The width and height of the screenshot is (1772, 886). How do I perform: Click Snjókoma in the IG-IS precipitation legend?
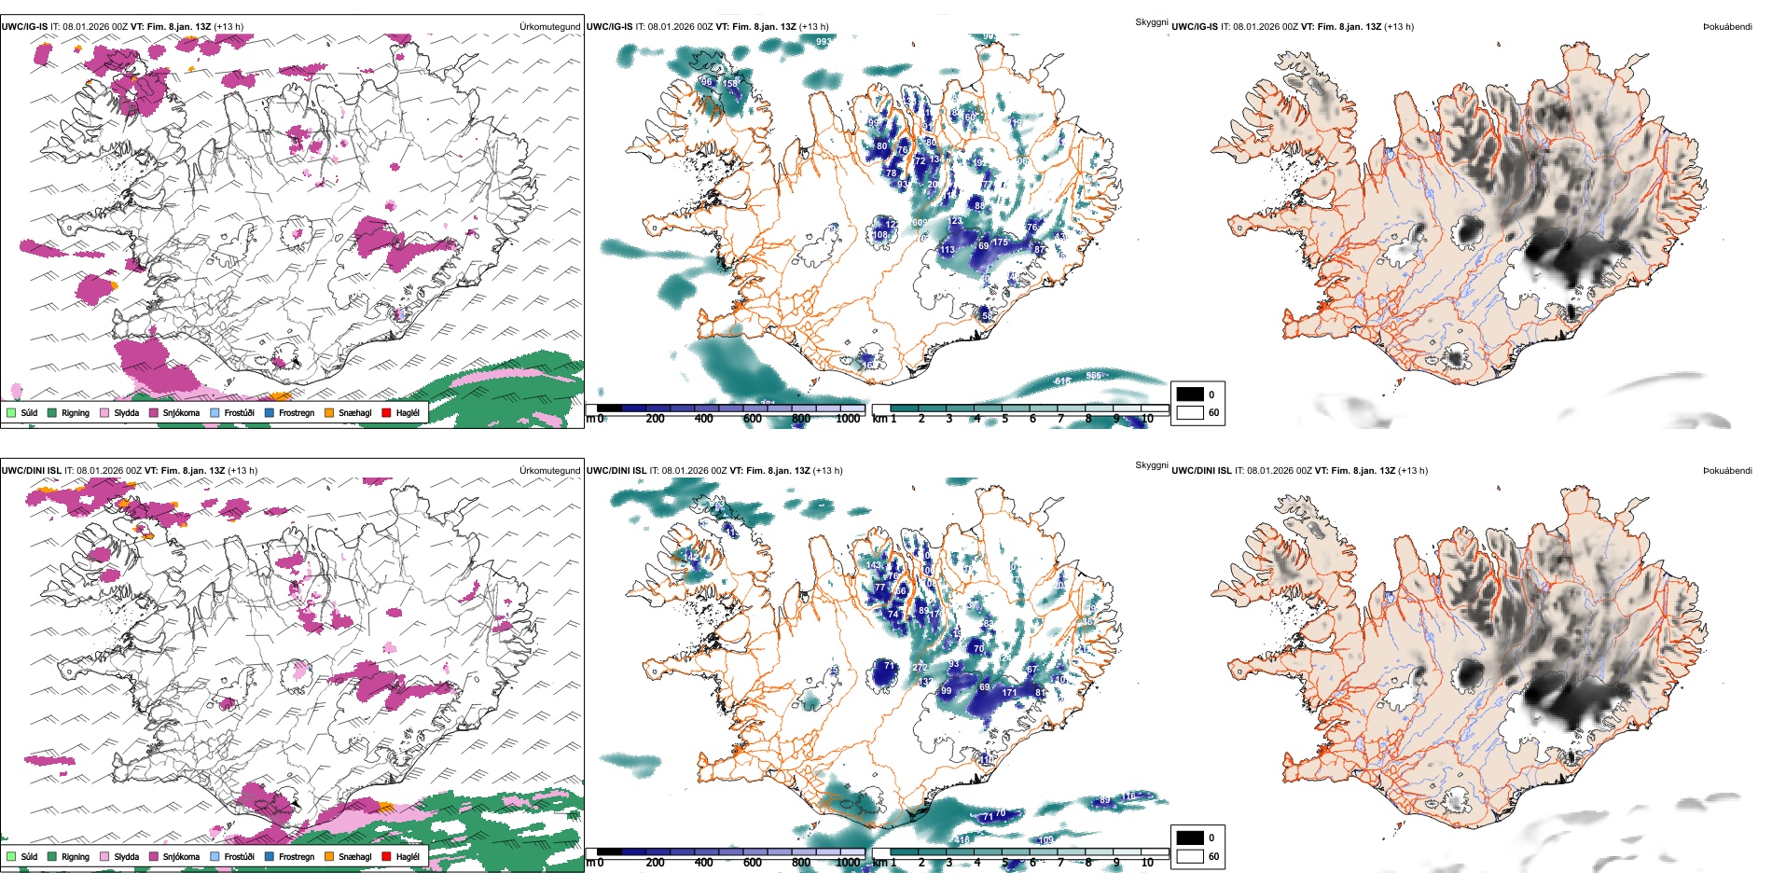pos(181,412)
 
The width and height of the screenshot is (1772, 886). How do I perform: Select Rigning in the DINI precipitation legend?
pos(76,856)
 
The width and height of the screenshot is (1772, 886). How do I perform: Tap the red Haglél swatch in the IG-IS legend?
pos(385,412)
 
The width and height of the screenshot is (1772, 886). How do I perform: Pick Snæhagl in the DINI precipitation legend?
pos(354,856)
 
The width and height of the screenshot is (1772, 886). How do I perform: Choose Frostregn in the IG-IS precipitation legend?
pos(296,412)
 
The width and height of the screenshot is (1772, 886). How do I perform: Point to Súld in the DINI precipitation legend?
pos(29,856)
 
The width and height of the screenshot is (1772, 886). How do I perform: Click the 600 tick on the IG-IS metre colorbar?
pos(752,419)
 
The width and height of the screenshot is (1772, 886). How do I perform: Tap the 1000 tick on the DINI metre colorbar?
pos(848,863)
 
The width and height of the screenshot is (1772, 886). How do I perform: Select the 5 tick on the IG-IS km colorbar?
pos(1004,419)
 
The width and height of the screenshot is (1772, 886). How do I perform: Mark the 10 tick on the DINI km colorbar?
pos(1147,863)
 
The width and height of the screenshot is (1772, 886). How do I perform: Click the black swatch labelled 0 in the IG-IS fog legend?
pos(1189,395)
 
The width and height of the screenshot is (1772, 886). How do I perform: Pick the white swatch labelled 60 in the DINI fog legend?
pos(1189,856)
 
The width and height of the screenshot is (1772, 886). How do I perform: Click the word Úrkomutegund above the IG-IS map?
pos(549,27)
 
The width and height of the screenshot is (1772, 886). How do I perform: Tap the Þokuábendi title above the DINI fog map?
pos(1727,471)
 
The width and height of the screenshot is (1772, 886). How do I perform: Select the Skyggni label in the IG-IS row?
pos(1151,21)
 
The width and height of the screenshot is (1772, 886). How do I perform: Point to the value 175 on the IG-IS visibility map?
pos(1000,242)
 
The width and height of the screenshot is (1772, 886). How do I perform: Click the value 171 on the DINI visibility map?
pos(1009,693)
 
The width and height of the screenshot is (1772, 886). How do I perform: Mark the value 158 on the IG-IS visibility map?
pos(730,84)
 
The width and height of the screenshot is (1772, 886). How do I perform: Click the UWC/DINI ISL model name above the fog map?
pos(1201,471)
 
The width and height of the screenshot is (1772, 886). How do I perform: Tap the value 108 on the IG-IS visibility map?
pos(880,235)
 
